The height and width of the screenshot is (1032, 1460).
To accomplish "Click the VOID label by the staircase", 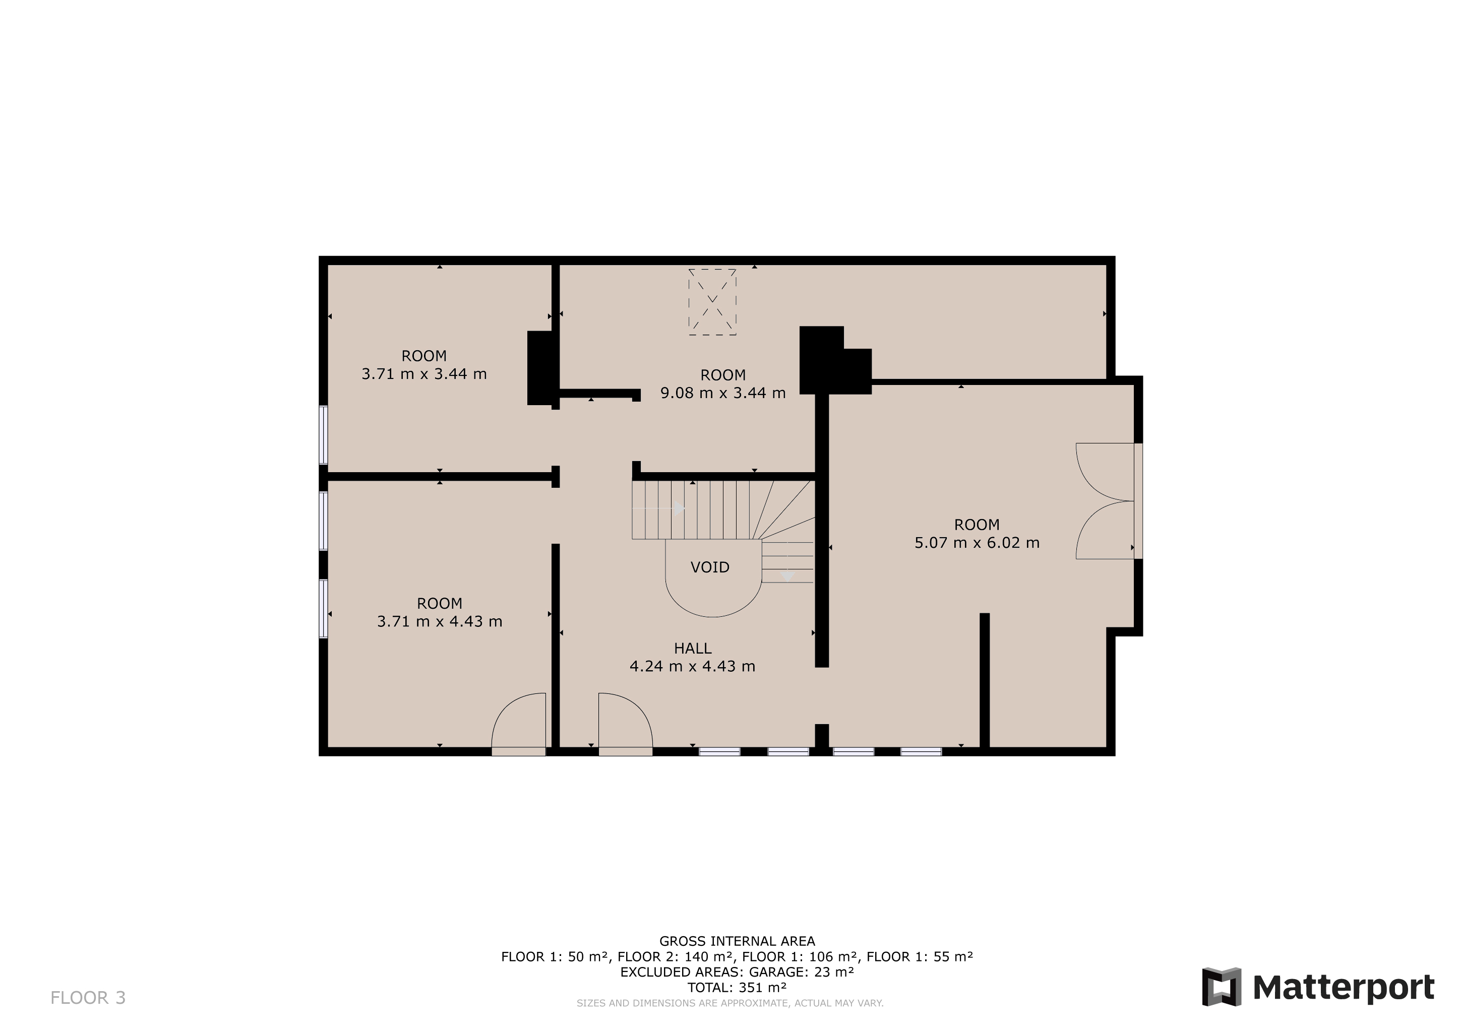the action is (x=710, y=567).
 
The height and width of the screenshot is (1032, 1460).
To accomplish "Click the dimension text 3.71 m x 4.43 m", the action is (x=440, y=621).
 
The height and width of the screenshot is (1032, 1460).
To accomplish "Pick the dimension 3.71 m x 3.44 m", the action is (x=424, y=374).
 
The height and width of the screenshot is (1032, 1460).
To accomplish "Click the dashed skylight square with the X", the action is (x=712, y=302).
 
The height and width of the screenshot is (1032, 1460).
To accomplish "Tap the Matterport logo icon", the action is (x=1221, y=987).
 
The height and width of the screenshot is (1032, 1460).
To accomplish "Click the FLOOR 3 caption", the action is (x=88, y=998).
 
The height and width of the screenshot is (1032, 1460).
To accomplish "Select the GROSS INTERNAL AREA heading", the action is (x=737, y=941).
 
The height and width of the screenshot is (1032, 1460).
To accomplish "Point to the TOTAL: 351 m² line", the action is (x=737, y=988).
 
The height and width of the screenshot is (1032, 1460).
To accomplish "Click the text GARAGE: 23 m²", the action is (x=801, y=972).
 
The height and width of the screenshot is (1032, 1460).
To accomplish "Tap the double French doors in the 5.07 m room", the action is (x=1105, y=501).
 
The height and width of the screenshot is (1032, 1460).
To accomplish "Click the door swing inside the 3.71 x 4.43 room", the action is (x=518, y=720).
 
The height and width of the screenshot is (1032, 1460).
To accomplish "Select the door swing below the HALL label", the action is (x=626, y=720).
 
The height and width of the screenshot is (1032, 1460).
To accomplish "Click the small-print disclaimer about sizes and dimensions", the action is (x=730, y=1003).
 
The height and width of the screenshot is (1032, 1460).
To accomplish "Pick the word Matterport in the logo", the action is (x=1344, y=988).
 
